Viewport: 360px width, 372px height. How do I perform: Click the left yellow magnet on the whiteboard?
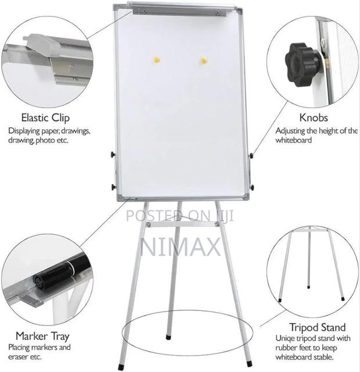click(x=156, y=59)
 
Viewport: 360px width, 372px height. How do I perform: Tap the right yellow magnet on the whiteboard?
click(x=203, y=60)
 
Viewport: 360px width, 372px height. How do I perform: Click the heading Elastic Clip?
click(x=45, y=118)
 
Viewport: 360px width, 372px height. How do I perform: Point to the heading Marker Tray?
click(x=42, y=336)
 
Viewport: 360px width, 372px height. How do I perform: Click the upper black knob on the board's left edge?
click(x=113, y=155)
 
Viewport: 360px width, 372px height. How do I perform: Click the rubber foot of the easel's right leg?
click(x=249, y=363)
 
